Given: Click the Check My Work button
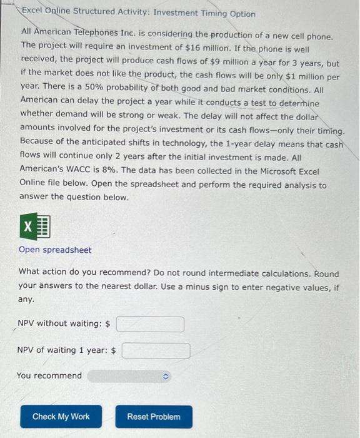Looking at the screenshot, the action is pyautogui.click(x=61, y=417).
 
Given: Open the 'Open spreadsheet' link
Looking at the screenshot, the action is pyautogui.click(x=55, y=250).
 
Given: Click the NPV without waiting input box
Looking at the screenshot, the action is pyautogui.click(x=149, y=324).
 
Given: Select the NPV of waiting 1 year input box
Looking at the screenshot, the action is pyautogui.click(x=156, y=350).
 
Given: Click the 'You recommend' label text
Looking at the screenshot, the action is pyautogui.click(x=49, y=375).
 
